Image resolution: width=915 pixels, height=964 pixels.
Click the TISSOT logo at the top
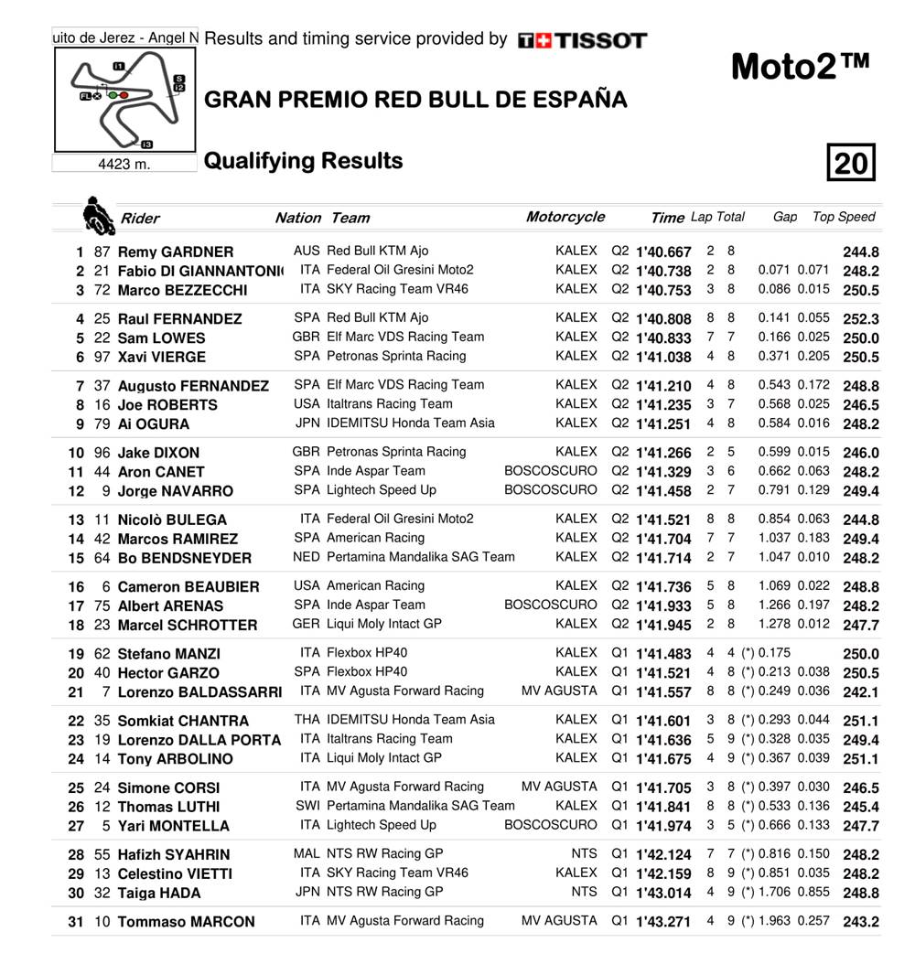pyautogui.click(x=582, y=40)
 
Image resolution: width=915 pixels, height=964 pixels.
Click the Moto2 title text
pyautogui.click(x=800, y=68)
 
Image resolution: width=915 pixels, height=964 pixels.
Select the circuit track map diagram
pyautogui.click(x=125, y=100)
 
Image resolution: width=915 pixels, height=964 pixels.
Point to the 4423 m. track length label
pyautogui.click(x=124, y=165)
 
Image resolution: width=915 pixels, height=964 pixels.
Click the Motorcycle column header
pyautogui.click(x=565, y=217)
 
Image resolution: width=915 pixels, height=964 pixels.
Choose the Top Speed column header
pyautogui.click(x=844, y=217)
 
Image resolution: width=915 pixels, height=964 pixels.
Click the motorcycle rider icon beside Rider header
pyautogui.click(x=94, y=216)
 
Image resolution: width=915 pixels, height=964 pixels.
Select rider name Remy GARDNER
pyautogui.click(x=176, y=252)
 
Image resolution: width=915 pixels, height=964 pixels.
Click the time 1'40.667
pyautogui.click(x=663, y=252)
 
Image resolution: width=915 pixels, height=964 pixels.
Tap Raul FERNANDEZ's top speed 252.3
pyautogui.click(x=860, y=319)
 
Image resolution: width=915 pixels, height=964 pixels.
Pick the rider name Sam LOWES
pyautogui.click(x=158, y=338)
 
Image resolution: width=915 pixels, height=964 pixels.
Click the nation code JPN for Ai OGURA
pyautogui.click(x=307, y=423)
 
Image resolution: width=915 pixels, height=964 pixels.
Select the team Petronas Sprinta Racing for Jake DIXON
pyautogui.click(x=396, y=452)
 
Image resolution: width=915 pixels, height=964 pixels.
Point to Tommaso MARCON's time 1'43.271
pyautogui.click(x=663, y=922)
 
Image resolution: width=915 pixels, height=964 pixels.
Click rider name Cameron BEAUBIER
pyautogui.click(x=188, y=587)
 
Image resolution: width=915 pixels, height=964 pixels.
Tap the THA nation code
pyautogui.click(x=307, y=720)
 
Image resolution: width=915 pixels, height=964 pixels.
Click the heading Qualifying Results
pyautogui.click(x=303, y=161)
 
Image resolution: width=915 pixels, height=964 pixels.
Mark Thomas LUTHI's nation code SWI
pyautogui.click(x=307, y=806)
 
